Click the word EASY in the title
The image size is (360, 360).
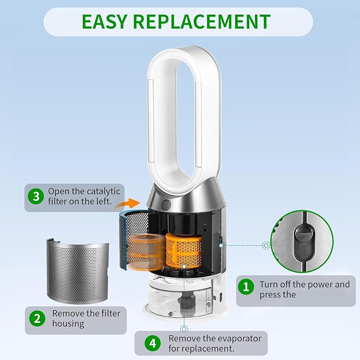tap(104, 22)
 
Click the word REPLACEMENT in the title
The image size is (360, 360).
tap(202, 22)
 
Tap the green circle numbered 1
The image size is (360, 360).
tap(246, 286)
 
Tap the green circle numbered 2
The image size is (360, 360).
tap(37, 319)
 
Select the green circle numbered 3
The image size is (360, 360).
tap(36, 196)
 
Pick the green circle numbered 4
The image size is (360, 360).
tap(153, 343)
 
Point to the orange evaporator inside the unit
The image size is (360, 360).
tap(183, 250)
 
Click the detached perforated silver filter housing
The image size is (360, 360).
tap(77, 271)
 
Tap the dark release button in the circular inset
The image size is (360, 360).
tap(303, 242)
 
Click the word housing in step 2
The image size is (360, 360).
tap(68, 324)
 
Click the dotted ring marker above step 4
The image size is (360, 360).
tap(183, 329)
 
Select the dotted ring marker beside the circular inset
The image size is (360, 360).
tap(266, 245)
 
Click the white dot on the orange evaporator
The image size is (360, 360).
tap(184, 266)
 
